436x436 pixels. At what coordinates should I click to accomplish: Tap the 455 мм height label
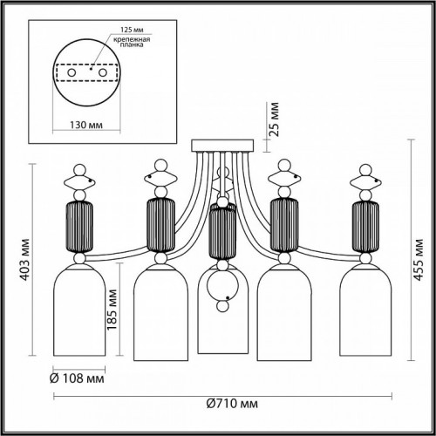419,257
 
